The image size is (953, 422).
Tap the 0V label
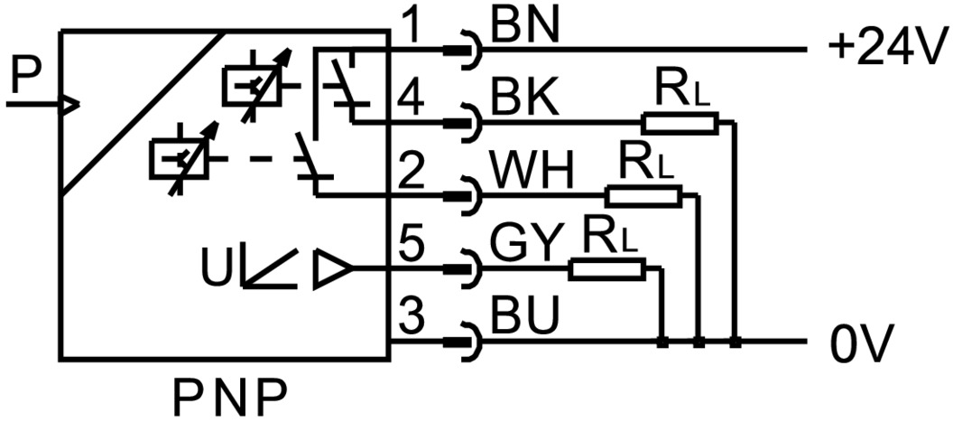pos(861,345)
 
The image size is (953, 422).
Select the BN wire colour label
pos(525,28)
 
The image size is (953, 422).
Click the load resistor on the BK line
pos(680,123)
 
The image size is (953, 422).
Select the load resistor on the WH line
pos(643,195)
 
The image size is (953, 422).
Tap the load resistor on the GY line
pos(607,267)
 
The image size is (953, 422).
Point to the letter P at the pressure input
pos(24,80)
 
